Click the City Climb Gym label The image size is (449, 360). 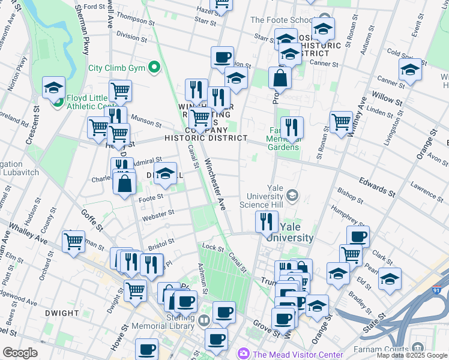click(x=117, y=68)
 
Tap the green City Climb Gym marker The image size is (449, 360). click(x=154, y=67)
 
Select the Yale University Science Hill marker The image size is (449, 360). click(x=292, y=195)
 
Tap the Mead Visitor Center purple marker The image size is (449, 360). click(x=244, y=353)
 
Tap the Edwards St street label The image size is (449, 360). click(x=376, y=186)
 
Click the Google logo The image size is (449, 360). click(x=20, y=352)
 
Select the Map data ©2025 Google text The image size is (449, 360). click(x=412, y=355)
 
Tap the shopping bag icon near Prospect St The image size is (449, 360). click(x=280, y=78)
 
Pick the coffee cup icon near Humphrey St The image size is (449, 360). click(x=358, y=236)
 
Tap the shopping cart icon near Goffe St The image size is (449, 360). click(x=74, y=242)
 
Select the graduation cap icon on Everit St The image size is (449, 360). click(x=410, y=70)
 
